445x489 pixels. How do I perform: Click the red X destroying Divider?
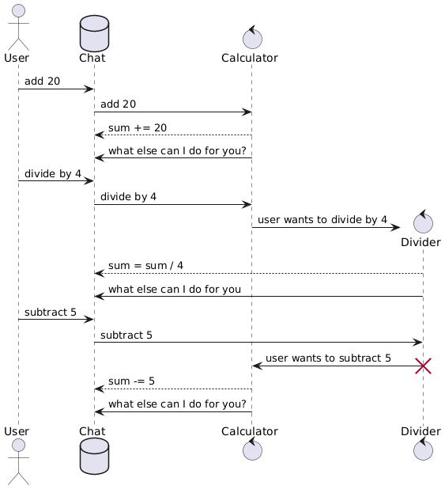pyautogui.click(x=423, y=366)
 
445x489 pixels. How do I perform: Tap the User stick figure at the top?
pyautogui.click(x=18, y=28)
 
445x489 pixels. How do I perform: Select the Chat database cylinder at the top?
pyautogui.click(x=94, y=34)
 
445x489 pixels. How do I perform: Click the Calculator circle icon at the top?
pyautogui.click(x=252, y=37)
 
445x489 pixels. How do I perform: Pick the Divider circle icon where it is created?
pyautogui.click(x=423, y=222)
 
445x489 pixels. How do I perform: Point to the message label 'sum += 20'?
pyautogui.click(x=138, y=127)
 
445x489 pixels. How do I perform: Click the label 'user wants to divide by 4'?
pyautogui.click(x=322, y=219)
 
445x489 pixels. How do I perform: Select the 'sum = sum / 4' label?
pyautogui.click(x=145, y=265)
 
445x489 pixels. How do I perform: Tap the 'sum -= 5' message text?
pyautogui.click(x=131, y=381)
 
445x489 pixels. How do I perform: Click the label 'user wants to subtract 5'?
pyautogui.click(x=328, y=358)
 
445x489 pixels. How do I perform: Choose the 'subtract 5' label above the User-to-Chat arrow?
pyautogui.click(x=51, y=313)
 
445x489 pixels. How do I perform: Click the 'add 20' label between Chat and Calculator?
pyautogui.click(x=118, y=104)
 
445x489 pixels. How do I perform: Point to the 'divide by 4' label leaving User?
pyautogui.click(x=53, y=174)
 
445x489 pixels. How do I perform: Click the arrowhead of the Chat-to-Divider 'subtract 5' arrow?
pyautogui.click(x=418, y=342)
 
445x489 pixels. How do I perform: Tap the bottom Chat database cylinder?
pyautogui.click(x=94, y=456)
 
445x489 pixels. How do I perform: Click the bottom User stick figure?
pyautogui.click(x=18, y=461)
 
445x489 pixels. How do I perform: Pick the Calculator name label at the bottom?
pyautogui.click(x=250, y=431)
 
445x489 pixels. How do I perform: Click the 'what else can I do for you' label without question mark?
pyautogui.click(x=175, y=289)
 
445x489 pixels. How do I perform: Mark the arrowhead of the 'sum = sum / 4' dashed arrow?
pyautogui.click(x=99, y=274)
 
